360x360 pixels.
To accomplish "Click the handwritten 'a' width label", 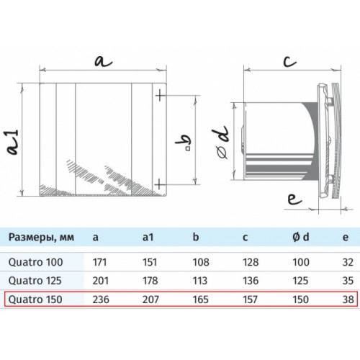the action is (x=103, y=61).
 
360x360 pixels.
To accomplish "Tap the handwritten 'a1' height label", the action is (x=13, y=142).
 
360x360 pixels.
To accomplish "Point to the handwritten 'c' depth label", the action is (x=289, y=61).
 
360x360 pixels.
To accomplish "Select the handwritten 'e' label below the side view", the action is (x=294, y=199).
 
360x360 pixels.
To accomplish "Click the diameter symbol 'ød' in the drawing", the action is (x=221, y=142).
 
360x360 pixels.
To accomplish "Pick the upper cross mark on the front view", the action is (x=161, y=96).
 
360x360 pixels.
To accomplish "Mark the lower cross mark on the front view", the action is (x=161, y=184).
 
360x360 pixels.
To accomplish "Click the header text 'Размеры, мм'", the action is (x=41, y=238).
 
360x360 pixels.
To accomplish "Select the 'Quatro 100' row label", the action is (x=36, y=262).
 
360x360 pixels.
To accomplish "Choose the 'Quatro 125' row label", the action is (x=35, y=281).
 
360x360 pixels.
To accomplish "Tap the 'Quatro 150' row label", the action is (x=35, y=300).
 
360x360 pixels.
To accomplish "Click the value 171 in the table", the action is (x=99, y=262).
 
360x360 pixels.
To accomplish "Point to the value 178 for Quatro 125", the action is (x=150, y=281).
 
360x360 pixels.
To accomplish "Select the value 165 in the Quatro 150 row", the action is (x=200, y=300).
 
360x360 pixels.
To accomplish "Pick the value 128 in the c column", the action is (x=251, y=262).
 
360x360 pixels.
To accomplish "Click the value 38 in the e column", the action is (x=348, y=300).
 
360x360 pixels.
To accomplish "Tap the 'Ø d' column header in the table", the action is (x=301, y=237).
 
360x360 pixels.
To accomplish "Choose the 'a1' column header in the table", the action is (x=148, y=237).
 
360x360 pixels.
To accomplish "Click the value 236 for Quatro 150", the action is (x=101, y=300).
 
